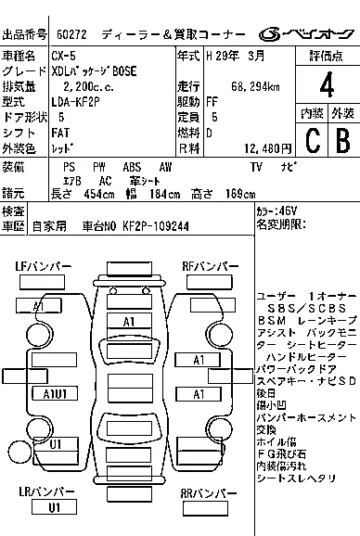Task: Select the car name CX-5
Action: coord(66,57)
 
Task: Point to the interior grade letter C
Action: coord(312,138)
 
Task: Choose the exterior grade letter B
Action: coord(341,138)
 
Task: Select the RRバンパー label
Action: coord(209,493)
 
